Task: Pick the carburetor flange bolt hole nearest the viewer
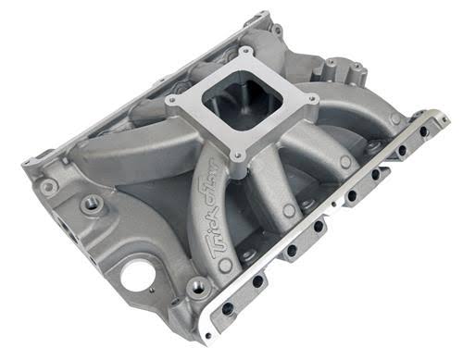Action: pyautogui.click(x=239, y=159)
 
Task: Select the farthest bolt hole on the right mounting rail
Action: pyautogui.click(x=423, y=131)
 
